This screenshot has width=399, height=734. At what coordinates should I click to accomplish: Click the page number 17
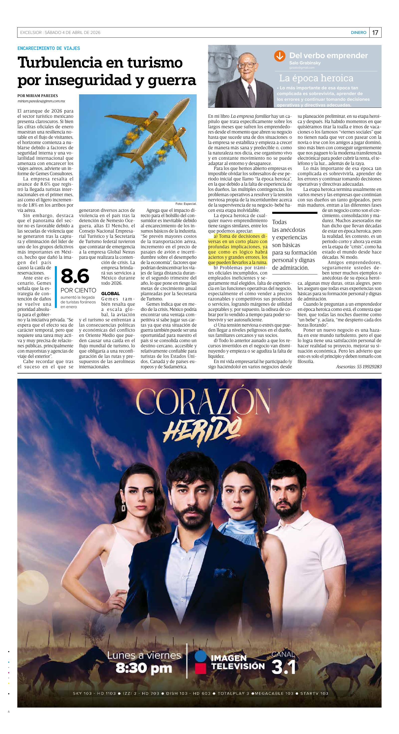[x=375, y=32]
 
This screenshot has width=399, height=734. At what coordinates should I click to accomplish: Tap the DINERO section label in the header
[x=358, y=32]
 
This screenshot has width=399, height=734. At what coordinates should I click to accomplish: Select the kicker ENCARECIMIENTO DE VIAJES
[x=49, y=48]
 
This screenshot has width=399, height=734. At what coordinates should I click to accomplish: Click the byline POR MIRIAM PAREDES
[x=38, y=96]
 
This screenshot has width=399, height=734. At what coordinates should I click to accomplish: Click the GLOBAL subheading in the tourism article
[x=110, y=293]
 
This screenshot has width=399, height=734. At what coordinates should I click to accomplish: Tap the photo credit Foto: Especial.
[x=186, y=204]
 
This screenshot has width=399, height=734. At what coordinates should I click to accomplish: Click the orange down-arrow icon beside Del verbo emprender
[x=280, y=56]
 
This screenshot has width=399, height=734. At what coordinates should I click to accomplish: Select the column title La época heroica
[x=316, y=78]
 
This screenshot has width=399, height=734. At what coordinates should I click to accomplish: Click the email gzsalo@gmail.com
[x=301, y=68]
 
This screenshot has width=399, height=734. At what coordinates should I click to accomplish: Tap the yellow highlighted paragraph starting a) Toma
[x=238, y=249]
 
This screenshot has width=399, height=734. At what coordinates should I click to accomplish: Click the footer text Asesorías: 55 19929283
[x=359, y=367]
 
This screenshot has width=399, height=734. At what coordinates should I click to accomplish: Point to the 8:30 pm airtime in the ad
[x=144, y=668]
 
